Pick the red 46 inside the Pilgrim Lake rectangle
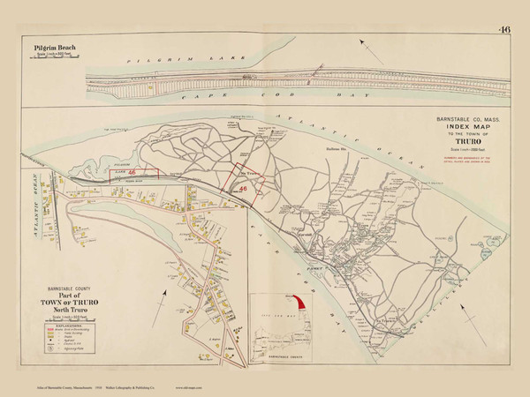click(x=132, y=174)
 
